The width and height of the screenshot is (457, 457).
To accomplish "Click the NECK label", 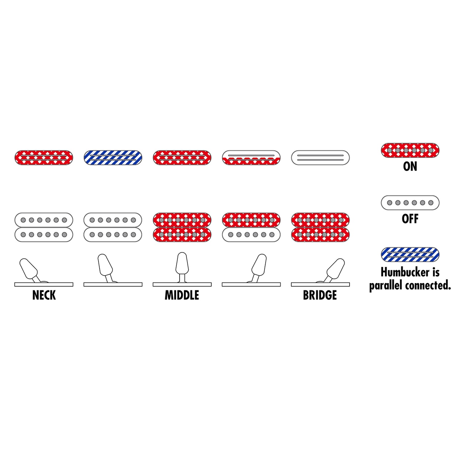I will coord(44,295).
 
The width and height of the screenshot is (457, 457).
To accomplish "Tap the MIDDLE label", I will coord(182,295).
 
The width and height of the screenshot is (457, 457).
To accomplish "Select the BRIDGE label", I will coord(320,295).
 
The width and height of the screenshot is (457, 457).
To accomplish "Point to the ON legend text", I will coord(410,166).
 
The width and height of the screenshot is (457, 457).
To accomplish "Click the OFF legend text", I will coord(410,219).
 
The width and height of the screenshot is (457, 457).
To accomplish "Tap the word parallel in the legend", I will coord(385,286).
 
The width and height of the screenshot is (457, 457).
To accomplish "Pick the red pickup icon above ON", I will coord(410,150).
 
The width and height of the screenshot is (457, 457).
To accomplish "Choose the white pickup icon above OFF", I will coord(410,202).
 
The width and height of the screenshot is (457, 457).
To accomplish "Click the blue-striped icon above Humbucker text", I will coord(410,255).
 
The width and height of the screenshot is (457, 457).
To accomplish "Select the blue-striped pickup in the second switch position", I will coord(113,157).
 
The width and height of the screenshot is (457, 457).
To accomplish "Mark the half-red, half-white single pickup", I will coord(251,157).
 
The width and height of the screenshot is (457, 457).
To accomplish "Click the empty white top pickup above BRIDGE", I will coord(320,157).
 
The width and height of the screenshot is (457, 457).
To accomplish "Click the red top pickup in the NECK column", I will coord(44,157).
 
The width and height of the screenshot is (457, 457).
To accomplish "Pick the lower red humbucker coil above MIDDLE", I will coord(182,235).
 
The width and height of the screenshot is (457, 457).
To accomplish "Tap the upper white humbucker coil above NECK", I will coord(44,220).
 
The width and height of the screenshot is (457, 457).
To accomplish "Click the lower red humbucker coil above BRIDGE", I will coord(320,235).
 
